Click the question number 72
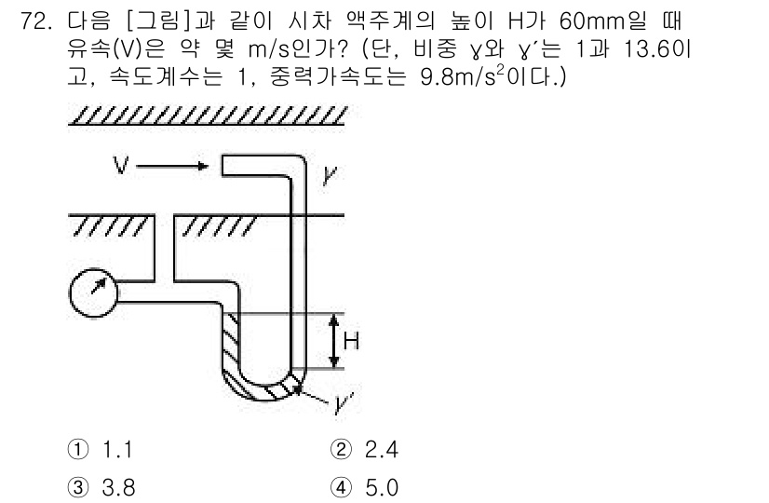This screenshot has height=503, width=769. [x=35, y=21]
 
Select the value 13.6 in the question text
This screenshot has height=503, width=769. [x=651, y=49]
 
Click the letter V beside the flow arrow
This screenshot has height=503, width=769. [x=121, y=166]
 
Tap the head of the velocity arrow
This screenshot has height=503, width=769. [x=203, y=166]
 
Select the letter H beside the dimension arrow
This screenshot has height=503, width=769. [x=351, y=341]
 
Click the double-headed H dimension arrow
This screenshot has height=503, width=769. [x=334, y=341]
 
